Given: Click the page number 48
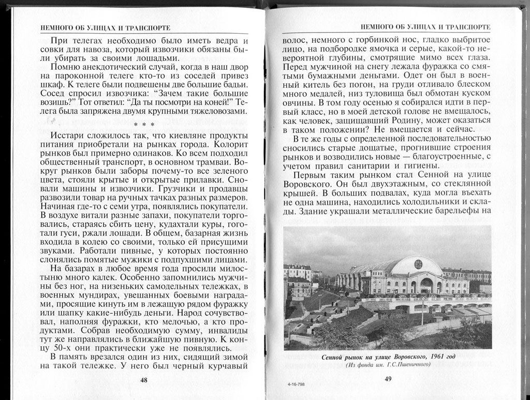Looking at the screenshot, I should click(144, 380).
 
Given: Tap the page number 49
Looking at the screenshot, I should click(388, 379).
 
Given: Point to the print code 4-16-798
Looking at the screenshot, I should click(294, 386).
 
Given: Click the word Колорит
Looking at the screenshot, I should click(226, 145).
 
